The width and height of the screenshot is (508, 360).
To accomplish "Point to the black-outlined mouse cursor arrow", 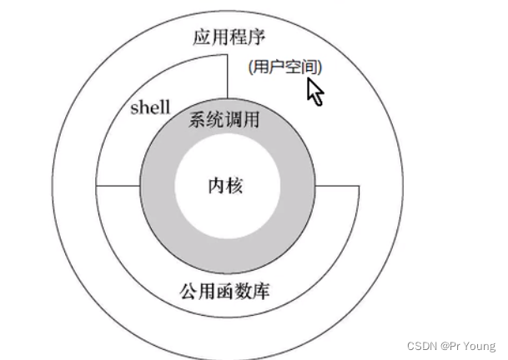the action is tap(314, 91).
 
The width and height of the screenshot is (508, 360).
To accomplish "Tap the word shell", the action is tap(151, 107).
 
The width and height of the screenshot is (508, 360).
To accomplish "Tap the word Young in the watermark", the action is tap(478, 346).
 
